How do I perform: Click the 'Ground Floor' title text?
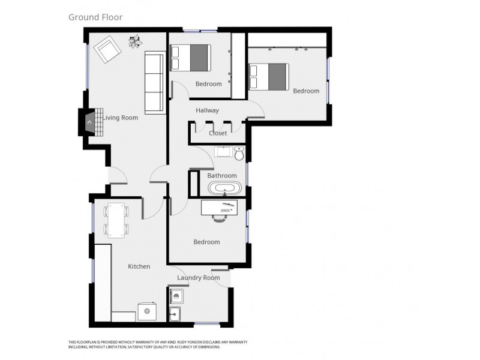(x=95, y=17)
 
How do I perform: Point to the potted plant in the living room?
(x=136, y=41)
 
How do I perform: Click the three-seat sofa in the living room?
(x=154, y=82)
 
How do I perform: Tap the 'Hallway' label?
(x=207, y=110)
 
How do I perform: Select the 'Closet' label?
(x=217, y=133)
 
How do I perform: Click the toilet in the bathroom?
(x=239, y=154)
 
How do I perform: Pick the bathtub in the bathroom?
(x=225, y=189)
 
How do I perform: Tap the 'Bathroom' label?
(x=221, y=176)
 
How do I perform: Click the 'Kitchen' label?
(x=139, y=266)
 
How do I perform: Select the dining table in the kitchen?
(x=116, y=220)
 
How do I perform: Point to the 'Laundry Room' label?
(x=199, y=278)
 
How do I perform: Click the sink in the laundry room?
(x=176, y=313)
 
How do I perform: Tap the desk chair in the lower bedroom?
(x=221, y=218)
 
